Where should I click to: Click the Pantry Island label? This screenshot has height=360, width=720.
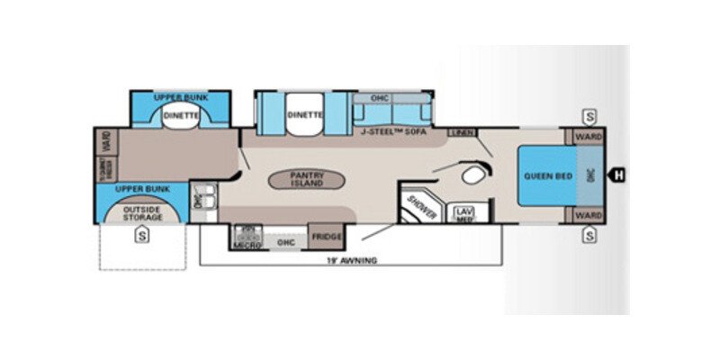click(306, 177)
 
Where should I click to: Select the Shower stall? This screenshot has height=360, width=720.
click(421, 208)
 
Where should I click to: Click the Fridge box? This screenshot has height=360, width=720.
click(327, 237)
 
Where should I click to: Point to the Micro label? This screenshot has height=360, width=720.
click(247, 244)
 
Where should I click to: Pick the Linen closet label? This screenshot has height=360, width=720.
click(461, 133)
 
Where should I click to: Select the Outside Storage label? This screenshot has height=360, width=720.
click(141, 214)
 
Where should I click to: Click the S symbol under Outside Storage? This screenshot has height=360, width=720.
click(141, 237)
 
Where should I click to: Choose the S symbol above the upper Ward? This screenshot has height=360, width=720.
click(589, 116)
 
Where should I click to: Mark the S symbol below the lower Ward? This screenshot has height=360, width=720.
click(589, 236)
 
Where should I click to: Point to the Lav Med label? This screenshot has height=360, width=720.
click(463, 214)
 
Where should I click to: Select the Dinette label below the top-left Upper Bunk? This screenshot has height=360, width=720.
click(181, 115)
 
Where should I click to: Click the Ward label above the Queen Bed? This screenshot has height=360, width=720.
click(589, 137)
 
